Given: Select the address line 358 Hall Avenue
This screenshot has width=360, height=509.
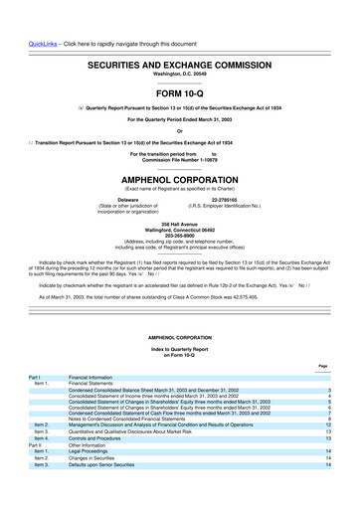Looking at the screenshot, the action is [x=180, y=227].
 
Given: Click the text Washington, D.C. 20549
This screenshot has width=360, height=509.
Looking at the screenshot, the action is [x=181, y=47].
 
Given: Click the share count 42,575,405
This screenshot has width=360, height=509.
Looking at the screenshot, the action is [x=248, y=298].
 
